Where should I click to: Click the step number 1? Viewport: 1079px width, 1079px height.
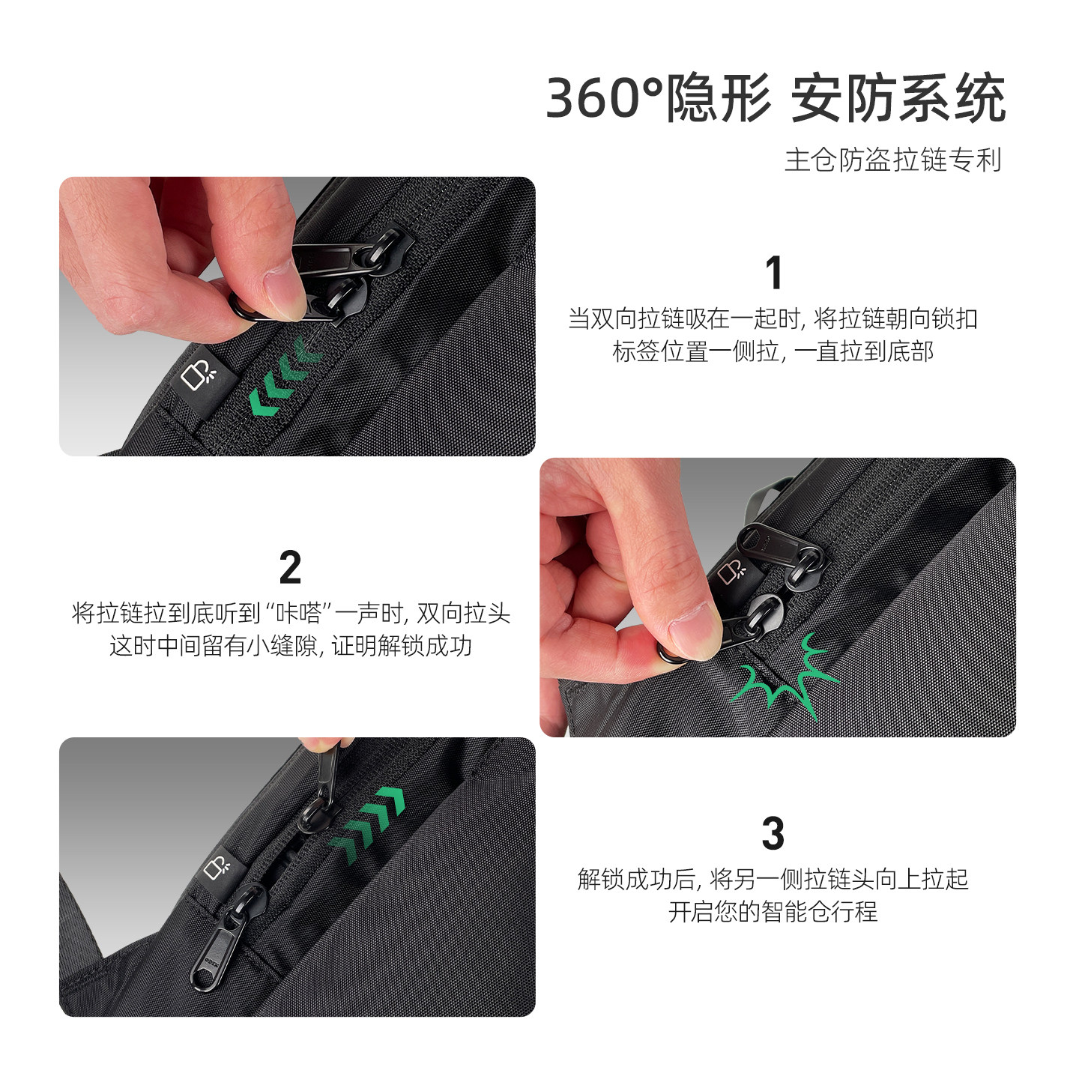(774, 273)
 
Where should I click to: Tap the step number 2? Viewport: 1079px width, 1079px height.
(290, 567)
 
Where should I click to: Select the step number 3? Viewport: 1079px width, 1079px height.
(773, 834)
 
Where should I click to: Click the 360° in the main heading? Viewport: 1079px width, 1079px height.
(604, 99)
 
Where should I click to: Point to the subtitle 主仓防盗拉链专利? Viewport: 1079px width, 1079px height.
(892, 160)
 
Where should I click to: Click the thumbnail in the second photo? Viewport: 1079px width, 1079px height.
(695, 629)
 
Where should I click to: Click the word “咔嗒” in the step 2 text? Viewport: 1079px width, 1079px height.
(298, 614)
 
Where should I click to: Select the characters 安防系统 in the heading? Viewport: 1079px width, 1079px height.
(898, 99)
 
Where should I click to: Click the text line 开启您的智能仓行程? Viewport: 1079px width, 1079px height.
(773, 912)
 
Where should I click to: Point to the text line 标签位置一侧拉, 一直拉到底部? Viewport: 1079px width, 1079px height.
(773, 351)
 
